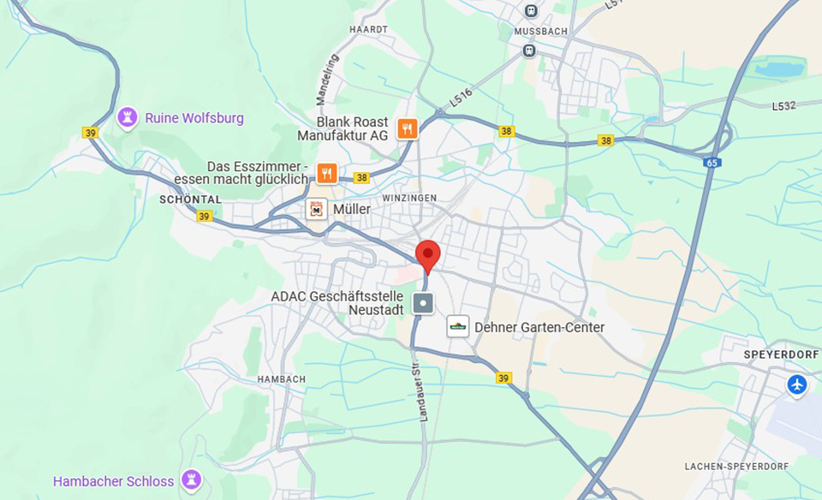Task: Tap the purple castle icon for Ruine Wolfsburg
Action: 128,117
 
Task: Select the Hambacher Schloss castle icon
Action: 192,480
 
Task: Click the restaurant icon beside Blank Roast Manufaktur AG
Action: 408,128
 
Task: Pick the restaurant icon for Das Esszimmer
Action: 326,173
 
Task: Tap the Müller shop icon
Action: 317,209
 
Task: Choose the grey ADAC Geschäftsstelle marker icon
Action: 423,303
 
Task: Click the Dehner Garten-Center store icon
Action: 458,326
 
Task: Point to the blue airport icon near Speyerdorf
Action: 797,384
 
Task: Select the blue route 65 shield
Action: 712,162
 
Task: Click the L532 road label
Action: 783,106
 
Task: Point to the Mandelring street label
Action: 327,80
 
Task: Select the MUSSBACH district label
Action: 541,31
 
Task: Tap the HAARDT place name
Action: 369,29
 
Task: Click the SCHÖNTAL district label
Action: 190,199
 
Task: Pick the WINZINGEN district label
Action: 409,198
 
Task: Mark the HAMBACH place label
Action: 282,378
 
